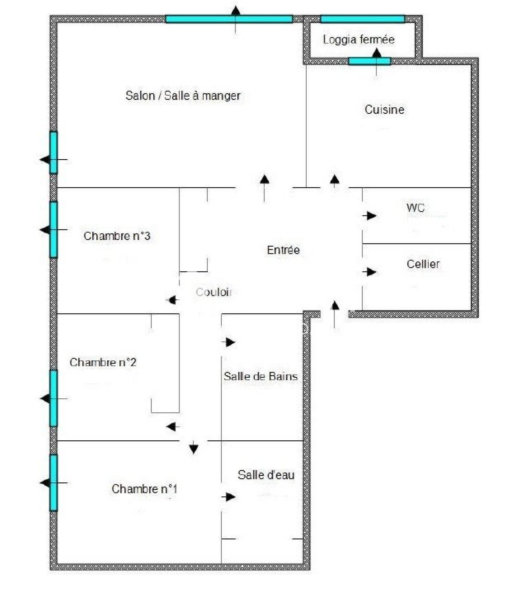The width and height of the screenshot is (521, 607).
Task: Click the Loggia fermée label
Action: [359, 40]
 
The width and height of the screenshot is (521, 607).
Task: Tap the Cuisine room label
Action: [384, 110]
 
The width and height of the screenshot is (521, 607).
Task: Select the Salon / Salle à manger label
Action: [183, 96]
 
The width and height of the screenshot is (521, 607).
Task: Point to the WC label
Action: [415, 208]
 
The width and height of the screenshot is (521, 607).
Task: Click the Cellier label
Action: [423, 264]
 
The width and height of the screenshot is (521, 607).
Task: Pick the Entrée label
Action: [283, 250]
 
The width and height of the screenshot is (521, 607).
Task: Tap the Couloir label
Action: [214, 292]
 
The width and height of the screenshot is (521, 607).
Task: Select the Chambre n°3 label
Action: [117, 236]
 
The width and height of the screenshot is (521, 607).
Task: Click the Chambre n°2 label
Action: [103, 362]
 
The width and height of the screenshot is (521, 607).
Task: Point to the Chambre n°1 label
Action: [144, 489]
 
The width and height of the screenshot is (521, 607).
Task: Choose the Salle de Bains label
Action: [261, 376]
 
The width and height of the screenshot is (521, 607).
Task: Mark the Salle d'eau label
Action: [266, 475]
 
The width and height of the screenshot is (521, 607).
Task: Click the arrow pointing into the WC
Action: [369, 216]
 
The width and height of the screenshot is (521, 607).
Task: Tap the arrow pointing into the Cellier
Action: [369, 272]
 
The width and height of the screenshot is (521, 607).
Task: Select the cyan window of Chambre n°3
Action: [54, 230]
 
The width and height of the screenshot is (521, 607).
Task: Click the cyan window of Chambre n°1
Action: [54, 483]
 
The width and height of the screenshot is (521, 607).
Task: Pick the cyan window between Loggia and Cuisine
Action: [370, 61]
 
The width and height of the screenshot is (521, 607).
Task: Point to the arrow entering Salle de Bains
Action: [228, 342]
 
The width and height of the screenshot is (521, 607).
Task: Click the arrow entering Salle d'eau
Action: [228, 497]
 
